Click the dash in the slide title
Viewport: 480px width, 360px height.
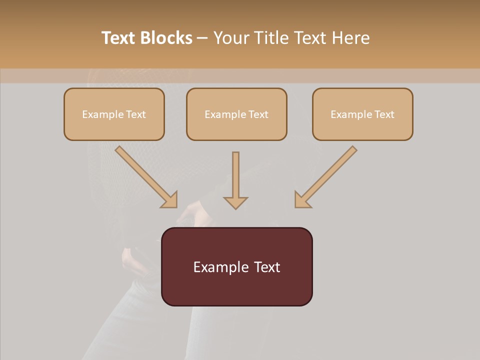click(202, 38)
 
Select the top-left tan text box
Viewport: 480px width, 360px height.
click(114, 114)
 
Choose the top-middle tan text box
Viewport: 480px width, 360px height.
click(236, 114)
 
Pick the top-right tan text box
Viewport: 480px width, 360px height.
click(362, 114)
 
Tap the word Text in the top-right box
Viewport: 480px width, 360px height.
click(384, 114)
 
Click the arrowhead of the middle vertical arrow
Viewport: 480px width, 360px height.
click(235, 202)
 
